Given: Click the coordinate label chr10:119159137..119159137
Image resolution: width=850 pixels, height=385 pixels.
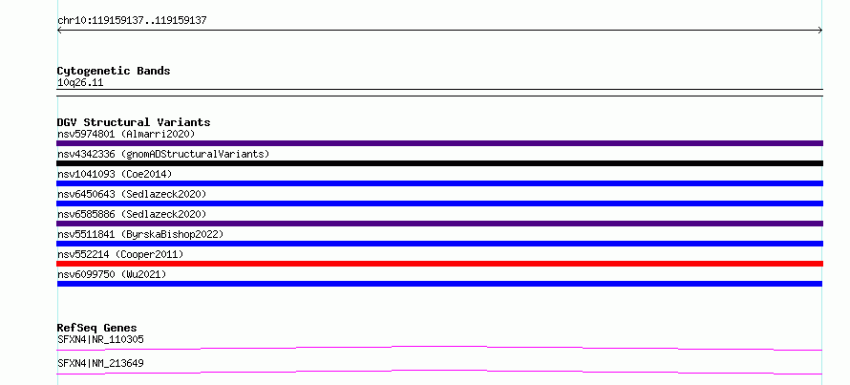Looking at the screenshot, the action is coord(132,21).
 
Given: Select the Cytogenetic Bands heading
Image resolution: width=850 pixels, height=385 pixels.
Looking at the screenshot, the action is coord(114,71).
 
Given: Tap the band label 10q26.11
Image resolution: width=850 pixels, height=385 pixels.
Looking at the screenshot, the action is coord(80,83).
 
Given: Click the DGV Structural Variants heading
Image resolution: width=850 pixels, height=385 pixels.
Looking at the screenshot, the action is coord(134,122).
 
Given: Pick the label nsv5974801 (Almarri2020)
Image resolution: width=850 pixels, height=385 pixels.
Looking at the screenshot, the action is coord(126,134).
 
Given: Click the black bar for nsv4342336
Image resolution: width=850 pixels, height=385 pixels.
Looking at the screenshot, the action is coord(439,163).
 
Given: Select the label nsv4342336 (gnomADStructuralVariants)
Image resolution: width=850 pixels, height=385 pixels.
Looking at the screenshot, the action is coord(163,154).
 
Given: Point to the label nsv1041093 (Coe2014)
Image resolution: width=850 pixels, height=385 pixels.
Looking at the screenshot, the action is coord(115,174).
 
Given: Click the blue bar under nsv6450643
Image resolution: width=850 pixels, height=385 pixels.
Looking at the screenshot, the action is coord(439,203).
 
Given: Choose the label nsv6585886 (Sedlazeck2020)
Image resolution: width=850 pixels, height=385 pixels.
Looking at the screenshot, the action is coord(132,214).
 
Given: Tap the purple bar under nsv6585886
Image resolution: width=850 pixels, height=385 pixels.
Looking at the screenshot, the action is coord(439,224).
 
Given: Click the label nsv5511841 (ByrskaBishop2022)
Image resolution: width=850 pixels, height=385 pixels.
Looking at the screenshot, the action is coord(140,234).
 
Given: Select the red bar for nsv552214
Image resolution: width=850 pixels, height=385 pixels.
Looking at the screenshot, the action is coord(439,264).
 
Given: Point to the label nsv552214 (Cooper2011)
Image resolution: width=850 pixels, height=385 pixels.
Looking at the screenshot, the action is coord(120,254).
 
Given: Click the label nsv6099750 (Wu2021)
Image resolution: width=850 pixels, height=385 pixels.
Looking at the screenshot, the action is coord(112,274).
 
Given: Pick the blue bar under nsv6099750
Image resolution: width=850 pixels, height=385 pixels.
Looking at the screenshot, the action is coord(439,284).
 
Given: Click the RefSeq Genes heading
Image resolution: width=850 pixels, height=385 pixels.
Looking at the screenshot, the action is coord(97,328).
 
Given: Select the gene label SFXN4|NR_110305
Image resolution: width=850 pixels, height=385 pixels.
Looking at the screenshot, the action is coord(100,339).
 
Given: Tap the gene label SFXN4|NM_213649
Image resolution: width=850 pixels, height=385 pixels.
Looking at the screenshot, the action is coord(100,363).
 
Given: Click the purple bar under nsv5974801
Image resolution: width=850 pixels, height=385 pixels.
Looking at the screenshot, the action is coord(439,143).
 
